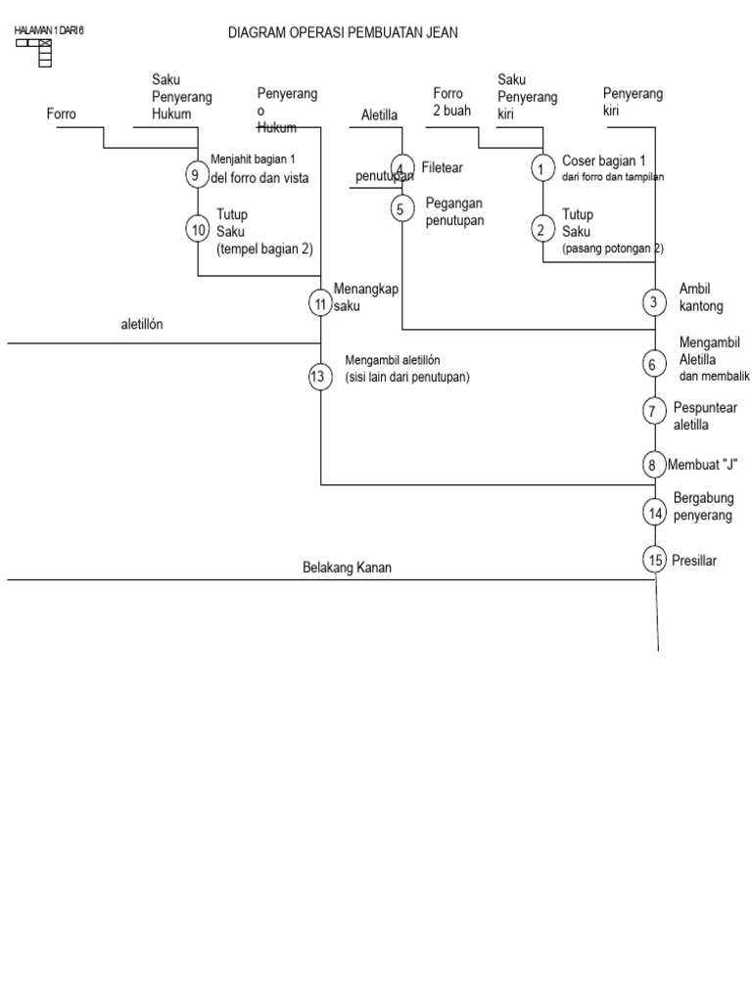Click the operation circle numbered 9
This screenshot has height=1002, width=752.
[x=198, y=174]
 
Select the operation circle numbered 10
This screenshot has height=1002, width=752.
[x=198, y=229]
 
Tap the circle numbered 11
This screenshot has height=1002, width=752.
[x=320, y=303]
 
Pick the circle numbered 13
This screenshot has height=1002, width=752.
[x=320, y=376]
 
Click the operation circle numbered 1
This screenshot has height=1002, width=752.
[x=542, y=168]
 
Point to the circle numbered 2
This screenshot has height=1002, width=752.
[x=542, y=230]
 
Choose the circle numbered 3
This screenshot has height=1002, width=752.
[x=654, y=302]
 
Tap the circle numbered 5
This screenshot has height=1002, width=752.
[x=402, y=207]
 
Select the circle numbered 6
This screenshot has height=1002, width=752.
[x=654, y=363]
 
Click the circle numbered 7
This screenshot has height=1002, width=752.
[x=654, y=411]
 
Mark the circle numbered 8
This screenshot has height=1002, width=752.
[x=654, y=464]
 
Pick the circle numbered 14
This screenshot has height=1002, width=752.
[x=654, y=511]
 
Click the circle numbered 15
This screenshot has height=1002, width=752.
[x=654, y=560]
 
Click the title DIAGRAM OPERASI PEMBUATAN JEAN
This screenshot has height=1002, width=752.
[x=343, y=33]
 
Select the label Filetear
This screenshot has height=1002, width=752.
[x=442, y=168]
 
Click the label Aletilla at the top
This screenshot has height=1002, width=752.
[x=379, y=115]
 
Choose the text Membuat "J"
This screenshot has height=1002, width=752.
[x=701, y=464]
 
